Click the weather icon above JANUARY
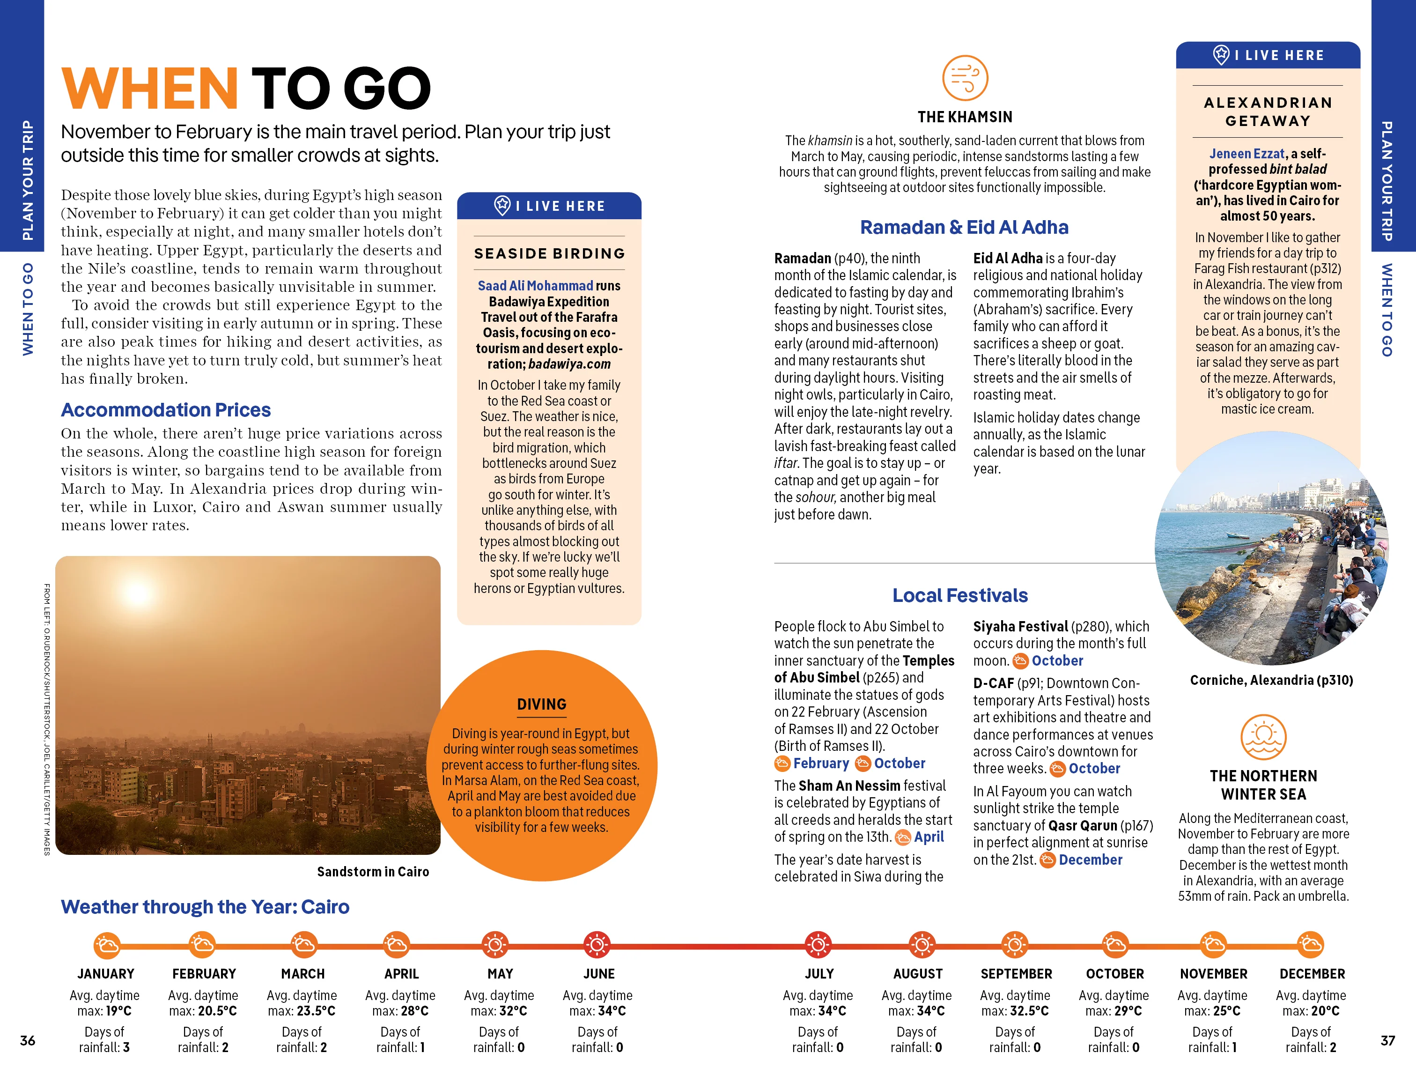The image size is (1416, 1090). point(106,945)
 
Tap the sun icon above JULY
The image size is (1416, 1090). point(818,945)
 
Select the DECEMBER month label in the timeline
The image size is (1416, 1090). point(1312,973)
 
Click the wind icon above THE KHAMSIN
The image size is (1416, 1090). point(965,78)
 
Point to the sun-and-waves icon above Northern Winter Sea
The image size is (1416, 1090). point(1263,737)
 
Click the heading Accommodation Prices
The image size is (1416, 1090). point(165,410)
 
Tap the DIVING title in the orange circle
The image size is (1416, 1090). point(541,704)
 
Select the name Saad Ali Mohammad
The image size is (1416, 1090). point(535,286)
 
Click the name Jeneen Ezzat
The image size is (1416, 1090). point(1246,154)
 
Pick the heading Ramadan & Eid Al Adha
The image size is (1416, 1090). point(964,228)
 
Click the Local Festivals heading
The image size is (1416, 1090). point(959,595)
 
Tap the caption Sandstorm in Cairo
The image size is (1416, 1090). point(373,871)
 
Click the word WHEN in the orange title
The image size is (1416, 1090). point(150,89)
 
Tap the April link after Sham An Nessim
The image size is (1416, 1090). point(929,837)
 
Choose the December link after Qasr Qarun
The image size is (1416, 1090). point(1090,860)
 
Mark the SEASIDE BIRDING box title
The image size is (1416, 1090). point(549,253)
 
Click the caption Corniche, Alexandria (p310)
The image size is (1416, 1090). point(1271,680)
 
